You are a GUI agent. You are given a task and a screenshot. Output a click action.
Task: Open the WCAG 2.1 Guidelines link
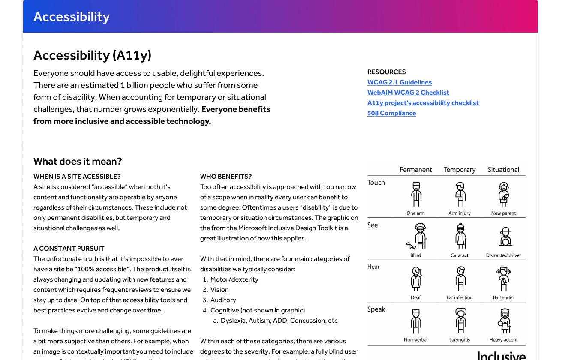[399, 82]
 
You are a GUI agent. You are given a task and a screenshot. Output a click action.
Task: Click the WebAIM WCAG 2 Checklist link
[408, 93]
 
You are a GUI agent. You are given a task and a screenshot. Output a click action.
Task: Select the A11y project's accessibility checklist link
[423, 103]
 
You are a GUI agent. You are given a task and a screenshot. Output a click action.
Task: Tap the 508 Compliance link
[391, 113]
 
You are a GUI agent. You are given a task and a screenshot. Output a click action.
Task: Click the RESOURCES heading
[386, 72]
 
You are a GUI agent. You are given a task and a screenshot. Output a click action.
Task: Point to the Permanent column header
[415, 170]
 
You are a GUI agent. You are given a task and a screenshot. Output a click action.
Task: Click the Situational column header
[503, 170]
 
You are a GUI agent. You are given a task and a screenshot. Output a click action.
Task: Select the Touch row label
[376, 183]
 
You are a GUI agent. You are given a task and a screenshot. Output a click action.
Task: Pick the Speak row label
[376, 309]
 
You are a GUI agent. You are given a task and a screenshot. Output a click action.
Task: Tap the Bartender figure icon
[504, 279]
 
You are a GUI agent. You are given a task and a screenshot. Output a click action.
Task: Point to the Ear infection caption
[460, 297]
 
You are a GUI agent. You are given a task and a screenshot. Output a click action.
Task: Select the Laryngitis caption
[460, 340]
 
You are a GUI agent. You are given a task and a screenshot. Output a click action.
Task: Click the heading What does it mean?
[78, 162]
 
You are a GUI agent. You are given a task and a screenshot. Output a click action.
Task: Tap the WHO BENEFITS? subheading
[226, 177]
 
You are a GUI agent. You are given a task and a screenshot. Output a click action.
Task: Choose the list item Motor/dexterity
[234, 279]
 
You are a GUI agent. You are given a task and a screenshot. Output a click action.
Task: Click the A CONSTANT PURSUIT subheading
[69, 249]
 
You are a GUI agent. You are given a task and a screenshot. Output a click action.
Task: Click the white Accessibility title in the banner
[72, 17]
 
